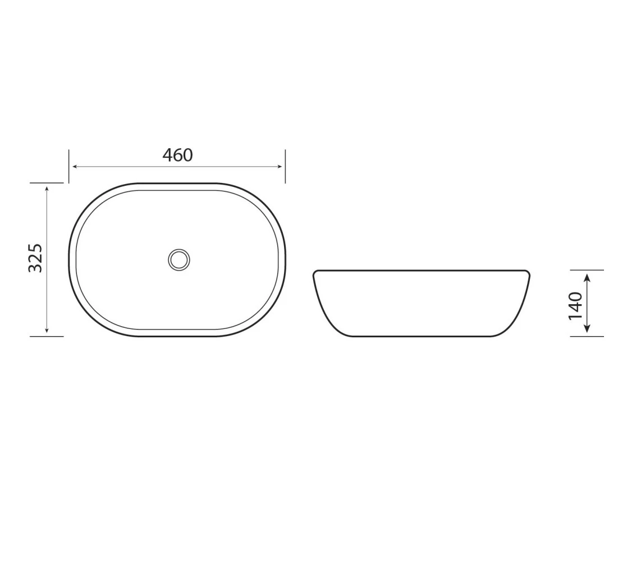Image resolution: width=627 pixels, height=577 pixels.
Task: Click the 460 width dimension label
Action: point(177,155)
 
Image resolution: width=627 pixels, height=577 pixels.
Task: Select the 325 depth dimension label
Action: point(35,258)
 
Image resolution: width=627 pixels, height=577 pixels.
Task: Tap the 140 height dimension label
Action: point(575,305)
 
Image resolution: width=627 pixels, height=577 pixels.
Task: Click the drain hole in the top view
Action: point(179,259)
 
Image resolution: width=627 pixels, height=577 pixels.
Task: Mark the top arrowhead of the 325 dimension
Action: point(47,189)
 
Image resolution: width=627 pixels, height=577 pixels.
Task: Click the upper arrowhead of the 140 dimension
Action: point(587,277)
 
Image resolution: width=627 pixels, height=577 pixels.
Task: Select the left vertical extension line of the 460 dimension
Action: point(69,166)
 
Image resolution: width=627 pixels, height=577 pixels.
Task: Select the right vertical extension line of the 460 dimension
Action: point(285,166)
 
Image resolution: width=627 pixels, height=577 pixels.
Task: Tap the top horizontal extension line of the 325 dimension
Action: point(47,183)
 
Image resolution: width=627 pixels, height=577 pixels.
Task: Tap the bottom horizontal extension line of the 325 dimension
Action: point(47,336)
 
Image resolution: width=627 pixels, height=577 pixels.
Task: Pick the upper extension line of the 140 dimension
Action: point(587,270)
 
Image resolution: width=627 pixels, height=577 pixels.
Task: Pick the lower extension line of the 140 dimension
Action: point(587,336)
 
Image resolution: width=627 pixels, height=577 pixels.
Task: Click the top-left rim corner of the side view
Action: point(315,273)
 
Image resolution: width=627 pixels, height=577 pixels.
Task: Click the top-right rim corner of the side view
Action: point(528,273)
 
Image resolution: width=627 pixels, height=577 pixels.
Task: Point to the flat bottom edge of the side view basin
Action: point(421,336)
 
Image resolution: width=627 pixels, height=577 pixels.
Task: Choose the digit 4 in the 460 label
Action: point(167,155)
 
